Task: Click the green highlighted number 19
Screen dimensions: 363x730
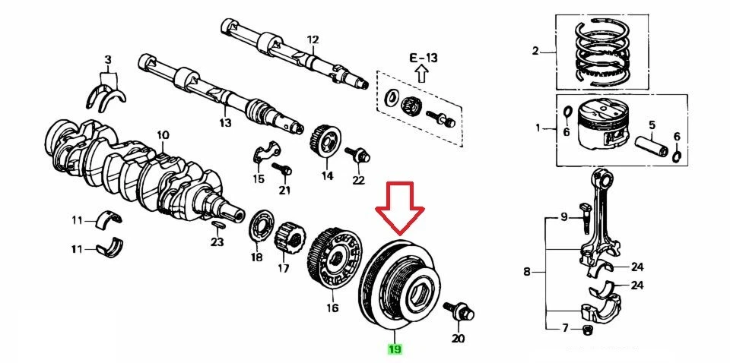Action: pos(395,349)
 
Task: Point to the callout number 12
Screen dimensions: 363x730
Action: pos(313,39)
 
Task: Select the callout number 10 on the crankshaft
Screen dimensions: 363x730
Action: pos(163,136)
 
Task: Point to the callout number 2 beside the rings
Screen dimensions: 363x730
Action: pos(535,52)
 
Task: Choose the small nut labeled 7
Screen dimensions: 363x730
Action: pos(587,329)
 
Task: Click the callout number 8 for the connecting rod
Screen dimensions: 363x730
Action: pos(527,271)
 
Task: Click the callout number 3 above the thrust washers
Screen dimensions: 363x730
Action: pos(108,58)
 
